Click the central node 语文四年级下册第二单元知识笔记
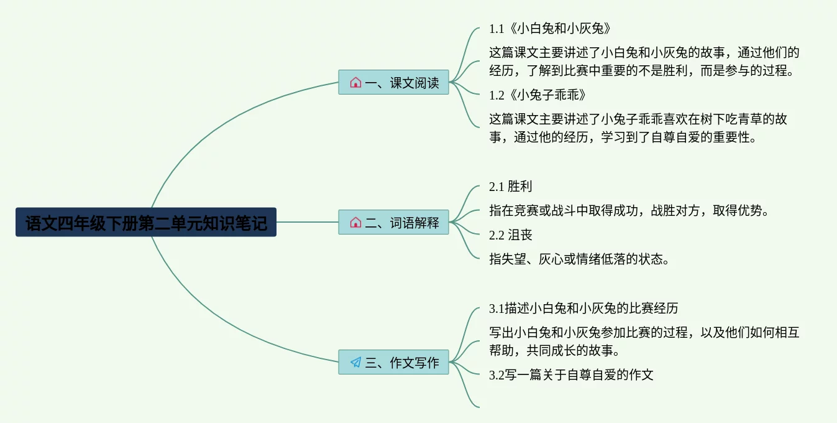[x=146, y=223]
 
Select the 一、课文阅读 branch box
[x=393, y=83]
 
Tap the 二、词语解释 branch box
[x=393, y=223]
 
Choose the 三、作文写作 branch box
[x=393, y=363]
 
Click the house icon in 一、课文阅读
[x=355, y=83]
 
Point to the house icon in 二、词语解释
[x=355, y=223]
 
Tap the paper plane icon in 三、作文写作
[x=355, y=363]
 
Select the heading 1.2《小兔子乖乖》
[x=537, y=95]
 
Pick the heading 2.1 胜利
[x=510, y=187]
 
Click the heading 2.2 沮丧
[x=510, y=235]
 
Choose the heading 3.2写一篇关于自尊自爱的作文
[x=571, y=375]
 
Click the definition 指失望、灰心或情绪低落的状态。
[x=579, y=259]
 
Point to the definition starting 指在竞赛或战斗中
[x=629, y=211]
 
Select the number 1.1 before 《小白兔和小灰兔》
[x=496, y=29]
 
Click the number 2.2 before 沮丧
[x=496, y=235]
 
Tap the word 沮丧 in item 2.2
[x=520, y=235]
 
